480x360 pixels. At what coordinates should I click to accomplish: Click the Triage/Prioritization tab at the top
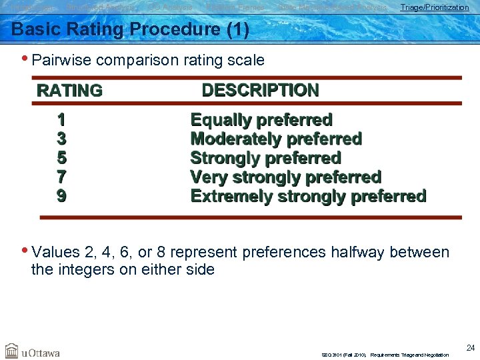(434, 7)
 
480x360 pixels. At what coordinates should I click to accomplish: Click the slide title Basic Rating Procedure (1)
(130, 29)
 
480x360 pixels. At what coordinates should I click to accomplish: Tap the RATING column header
(69, 91)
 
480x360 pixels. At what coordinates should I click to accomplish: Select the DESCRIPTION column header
(260, 90)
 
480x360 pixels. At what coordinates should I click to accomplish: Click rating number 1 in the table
(61, 120)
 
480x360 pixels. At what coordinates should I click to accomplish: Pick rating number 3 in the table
(61, 139)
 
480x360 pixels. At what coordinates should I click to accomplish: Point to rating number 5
(61, 158)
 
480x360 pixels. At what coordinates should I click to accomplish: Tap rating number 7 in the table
(61, 177)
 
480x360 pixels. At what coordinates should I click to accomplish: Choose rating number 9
(61, 196)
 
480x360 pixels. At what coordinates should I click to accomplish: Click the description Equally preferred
(261, 120)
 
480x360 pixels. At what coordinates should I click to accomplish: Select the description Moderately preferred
(276, 139)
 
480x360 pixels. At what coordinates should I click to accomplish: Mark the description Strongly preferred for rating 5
(265, 158)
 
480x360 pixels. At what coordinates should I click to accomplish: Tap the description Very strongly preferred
(285, 177)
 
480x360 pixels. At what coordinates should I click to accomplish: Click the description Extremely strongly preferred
(308, 196)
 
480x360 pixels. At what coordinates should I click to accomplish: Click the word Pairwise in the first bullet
(61, 60)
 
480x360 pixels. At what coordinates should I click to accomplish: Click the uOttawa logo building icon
(11, 351)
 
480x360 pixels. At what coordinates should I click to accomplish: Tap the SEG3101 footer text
(385, 355)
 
